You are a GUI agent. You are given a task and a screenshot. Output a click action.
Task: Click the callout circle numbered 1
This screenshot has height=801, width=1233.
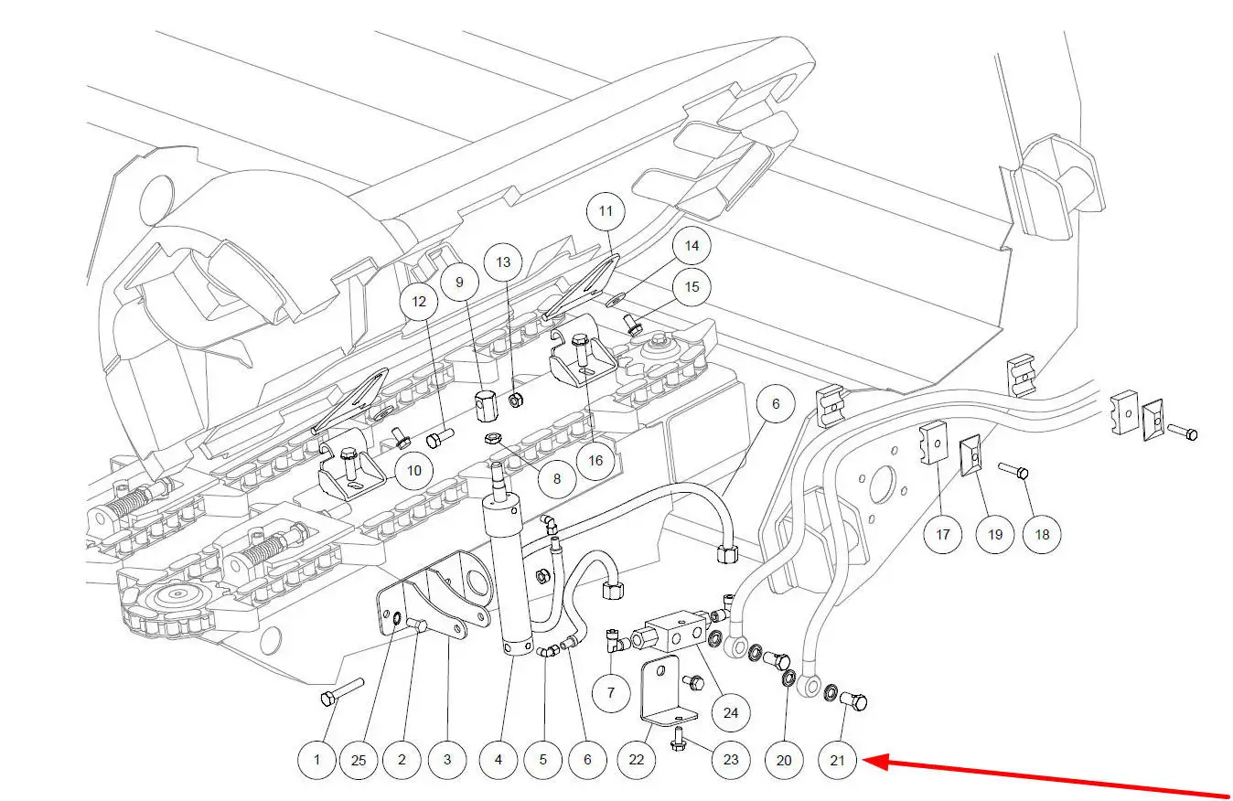coord(317,759)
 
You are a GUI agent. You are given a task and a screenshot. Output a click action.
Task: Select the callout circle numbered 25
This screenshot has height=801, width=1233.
coord(359,759)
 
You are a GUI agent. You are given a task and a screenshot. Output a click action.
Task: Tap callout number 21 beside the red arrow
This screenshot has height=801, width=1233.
coord(839,760)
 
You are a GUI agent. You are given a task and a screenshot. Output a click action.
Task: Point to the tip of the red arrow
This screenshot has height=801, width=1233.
coord(865,759)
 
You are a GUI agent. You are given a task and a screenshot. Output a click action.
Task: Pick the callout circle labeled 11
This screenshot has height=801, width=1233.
coord(606,210)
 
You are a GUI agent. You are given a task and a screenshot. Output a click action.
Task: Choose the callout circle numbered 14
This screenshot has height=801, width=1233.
coord(692,246)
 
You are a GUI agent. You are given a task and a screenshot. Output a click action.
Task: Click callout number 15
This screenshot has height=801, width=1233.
coord(692,287)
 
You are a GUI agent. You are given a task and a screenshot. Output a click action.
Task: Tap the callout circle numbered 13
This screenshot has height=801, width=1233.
coord(504,262)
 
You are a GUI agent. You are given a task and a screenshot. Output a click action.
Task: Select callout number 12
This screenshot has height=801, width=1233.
coord(419,301)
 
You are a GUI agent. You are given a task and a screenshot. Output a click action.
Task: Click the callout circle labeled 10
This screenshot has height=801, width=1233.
coord(414,471)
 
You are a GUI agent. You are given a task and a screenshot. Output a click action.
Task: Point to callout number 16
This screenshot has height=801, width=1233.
coord(595,460)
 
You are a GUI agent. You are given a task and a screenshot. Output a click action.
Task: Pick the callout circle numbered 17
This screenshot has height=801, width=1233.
coord(942,533)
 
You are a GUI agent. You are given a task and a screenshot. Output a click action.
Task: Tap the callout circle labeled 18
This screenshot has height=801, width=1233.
coord(1042,534)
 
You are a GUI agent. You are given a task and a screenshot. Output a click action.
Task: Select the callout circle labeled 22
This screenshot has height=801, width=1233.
coord(637,759)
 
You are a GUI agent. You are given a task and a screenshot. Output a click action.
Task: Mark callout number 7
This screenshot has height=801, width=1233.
coord(611,692)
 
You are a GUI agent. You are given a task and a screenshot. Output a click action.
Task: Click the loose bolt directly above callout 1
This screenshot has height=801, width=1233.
coord(342,691)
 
